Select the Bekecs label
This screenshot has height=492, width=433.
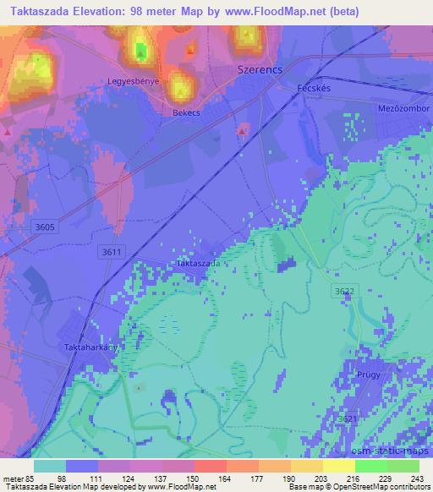point(187,112)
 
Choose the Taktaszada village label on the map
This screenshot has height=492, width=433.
point(199,263)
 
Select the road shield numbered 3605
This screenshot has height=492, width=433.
point(47,227)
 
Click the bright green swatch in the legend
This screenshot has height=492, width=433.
point(370,466)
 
